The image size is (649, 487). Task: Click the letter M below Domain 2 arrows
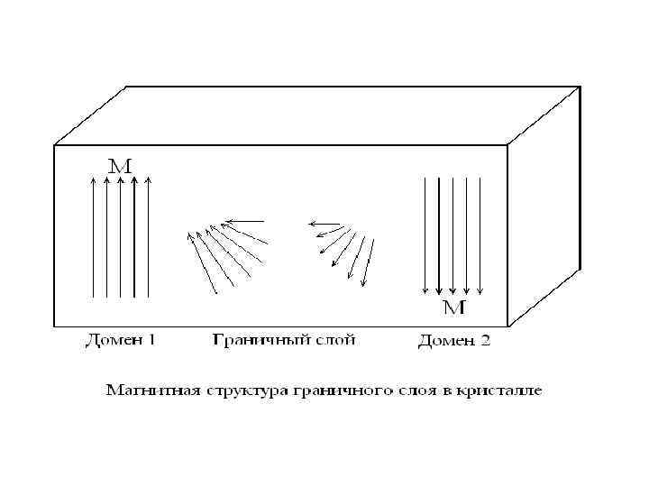454,308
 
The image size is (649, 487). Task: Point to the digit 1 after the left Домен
151,340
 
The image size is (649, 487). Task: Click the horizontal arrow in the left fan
244,220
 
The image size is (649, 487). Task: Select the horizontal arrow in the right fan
324,223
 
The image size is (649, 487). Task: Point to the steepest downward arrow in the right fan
368,262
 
